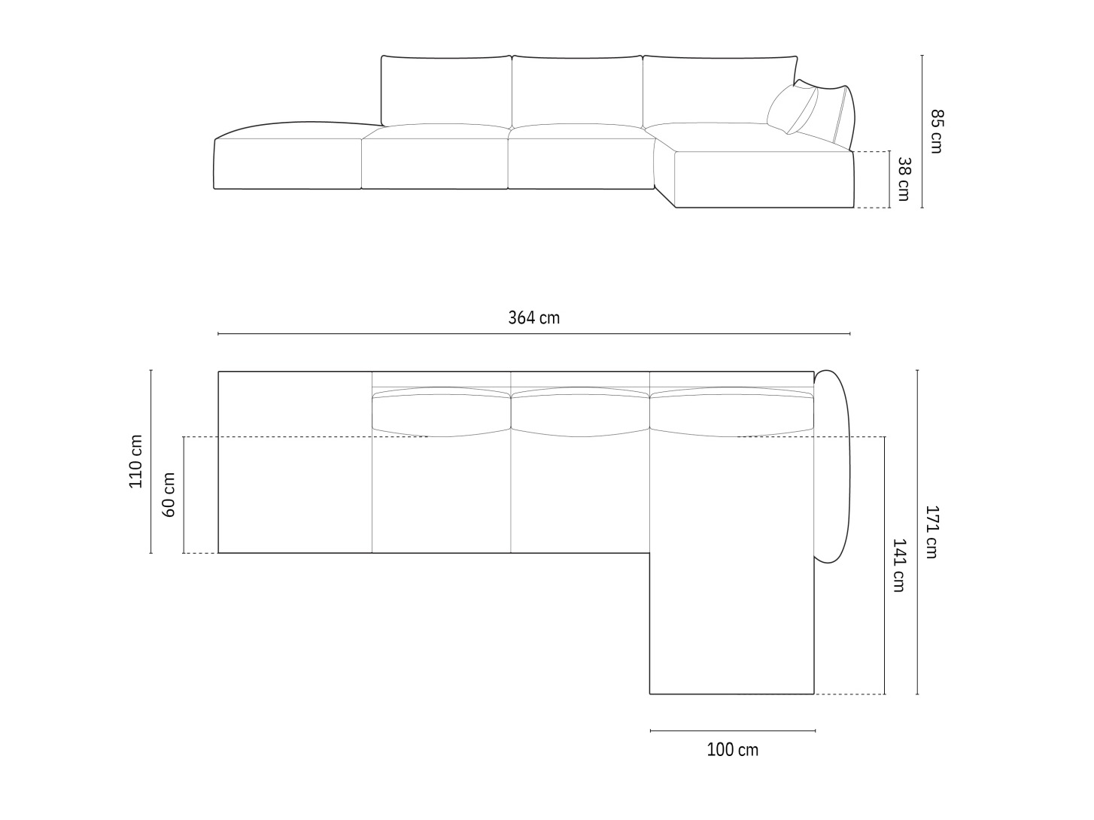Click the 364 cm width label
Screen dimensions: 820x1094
click(x=533, y=317)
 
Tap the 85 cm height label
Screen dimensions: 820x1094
click(x=936, y=132)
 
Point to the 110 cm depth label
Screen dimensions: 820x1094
click(x=135, y=462)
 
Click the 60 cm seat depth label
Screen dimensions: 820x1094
click(x=169, y=495)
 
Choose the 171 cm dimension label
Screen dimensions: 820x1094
click(x=931, y=531)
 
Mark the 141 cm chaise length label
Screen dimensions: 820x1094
click(x=898, y=565)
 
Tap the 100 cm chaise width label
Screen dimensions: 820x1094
click(x=732, y=749)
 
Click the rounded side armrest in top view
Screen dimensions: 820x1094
click(x=833, y=466)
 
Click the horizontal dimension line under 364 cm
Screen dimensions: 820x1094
click(x=533, y=333)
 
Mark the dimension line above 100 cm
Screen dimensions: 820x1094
click(x=732, y=730)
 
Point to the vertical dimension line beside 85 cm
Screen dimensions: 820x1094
click(x=922, y=132)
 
